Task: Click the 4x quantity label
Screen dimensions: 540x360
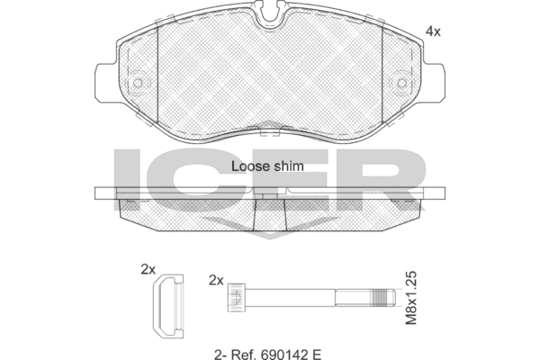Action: point(433,31)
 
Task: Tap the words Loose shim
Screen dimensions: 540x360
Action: point(267,166)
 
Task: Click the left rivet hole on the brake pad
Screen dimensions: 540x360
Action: point(138,83)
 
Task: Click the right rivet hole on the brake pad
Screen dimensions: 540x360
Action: point(401,83)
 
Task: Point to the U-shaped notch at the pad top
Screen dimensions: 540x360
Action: point(270,15)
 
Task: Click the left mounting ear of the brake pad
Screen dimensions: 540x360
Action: point(105,82)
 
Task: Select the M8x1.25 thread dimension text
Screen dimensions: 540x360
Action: point(411,298)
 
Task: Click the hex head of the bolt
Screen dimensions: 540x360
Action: point(236,298)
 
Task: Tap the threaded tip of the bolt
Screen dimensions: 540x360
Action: point(384,297)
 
